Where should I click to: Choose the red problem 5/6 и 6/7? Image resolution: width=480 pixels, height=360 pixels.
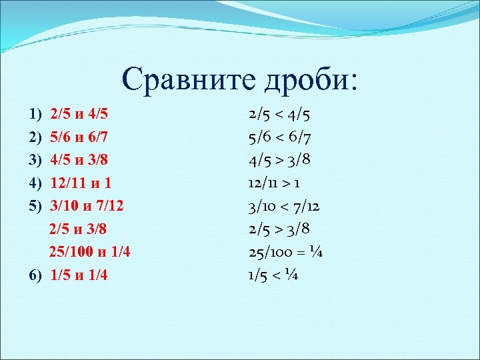pyautogui.click(x=79, y=137)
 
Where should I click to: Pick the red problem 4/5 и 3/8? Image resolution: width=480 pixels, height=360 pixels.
pyautogui.click(x=79, y=161)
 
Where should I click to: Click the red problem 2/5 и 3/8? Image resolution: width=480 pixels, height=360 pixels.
pyautogui.click(x=79, y=230)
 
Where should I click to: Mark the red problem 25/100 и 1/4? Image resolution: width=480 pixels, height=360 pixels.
pyautogui.click(x=89, y=253)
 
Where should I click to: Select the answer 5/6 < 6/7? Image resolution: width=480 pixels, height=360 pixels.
pyautogui.click(x=279, y=137)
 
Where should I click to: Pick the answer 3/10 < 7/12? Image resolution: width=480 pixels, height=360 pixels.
pyautogui.click(x=284, y=207)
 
